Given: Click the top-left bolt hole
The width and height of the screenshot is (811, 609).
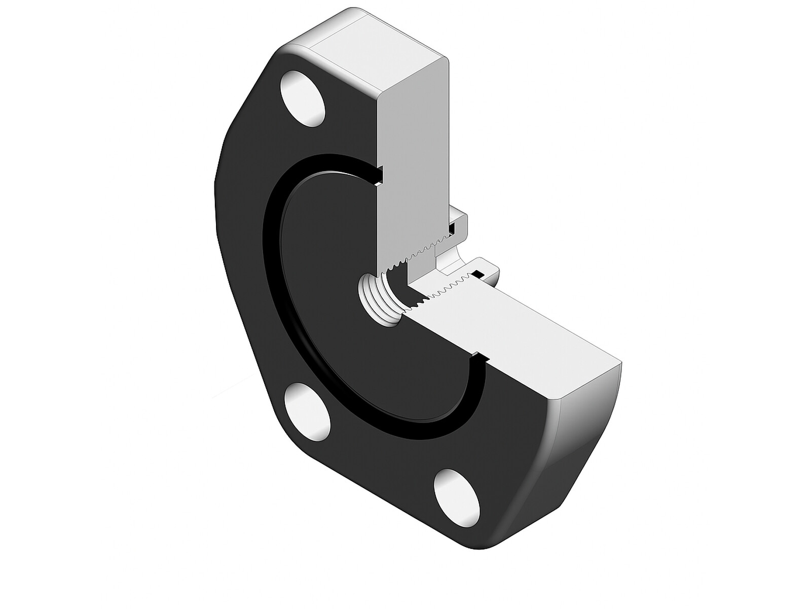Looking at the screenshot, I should pos(303,99).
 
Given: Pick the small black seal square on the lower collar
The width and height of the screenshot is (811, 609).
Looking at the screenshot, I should pos(477,275).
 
